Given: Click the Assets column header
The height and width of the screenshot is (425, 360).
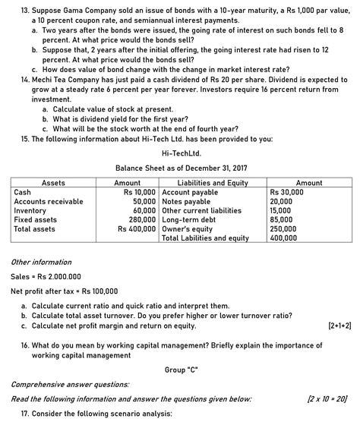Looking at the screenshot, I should (53, 183).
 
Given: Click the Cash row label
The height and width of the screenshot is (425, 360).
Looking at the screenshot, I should (22, 192).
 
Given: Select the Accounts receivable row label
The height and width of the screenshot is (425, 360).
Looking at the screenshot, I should (49, 201).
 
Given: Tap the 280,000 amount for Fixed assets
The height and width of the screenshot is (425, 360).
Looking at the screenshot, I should (144, 219).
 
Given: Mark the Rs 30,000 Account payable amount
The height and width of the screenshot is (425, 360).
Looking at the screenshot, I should (287, 192).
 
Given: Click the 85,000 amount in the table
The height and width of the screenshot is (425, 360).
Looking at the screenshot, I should (281, 219).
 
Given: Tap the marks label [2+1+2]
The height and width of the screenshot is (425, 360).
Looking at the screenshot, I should (339, 326).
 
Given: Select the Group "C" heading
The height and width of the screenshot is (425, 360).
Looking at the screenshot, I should (180, 370).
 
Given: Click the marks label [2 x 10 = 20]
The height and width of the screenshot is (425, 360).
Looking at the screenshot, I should (327, 398).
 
